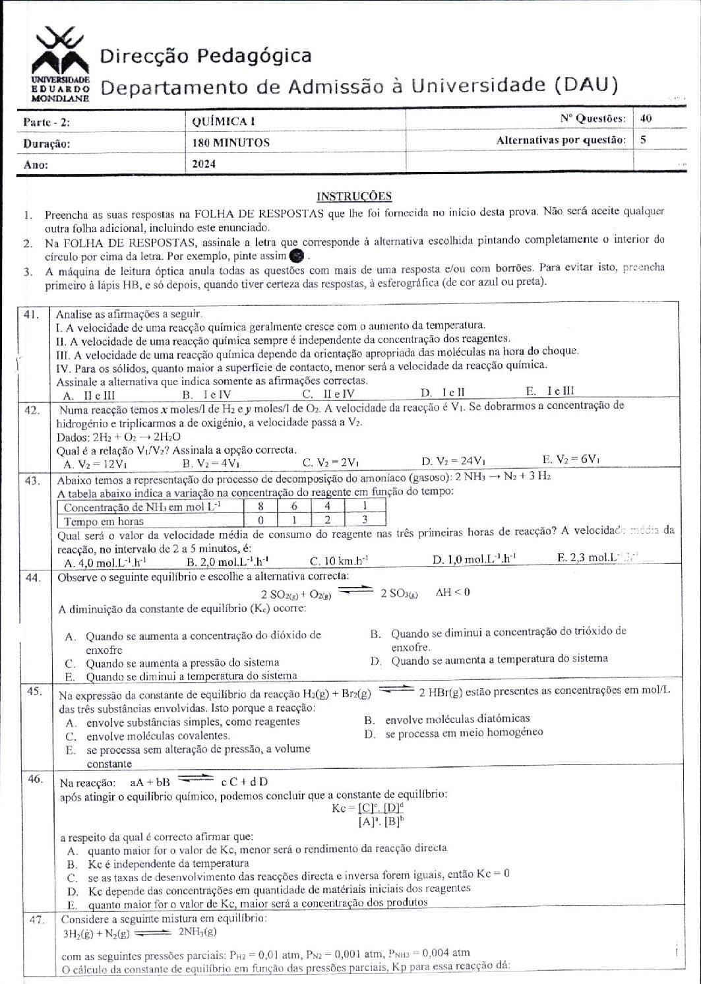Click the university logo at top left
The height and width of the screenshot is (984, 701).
[x=60, y=63]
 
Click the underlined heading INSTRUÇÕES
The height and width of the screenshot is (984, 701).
[x=354, y=196]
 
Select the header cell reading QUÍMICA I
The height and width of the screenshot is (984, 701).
[x=223, y=121]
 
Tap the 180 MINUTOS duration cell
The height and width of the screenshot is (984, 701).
[x=231, y=142]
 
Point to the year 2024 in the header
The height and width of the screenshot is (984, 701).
[x=204, y=164]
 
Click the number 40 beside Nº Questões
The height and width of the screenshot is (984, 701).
[x=646, y=119]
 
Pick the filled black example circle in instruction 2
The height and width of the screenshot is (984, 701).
[x=297, y=256]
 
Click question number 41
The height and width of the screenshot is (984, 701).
[x=32, y=315]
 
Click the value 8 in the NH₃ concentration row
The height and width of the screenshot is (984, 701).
[x=260, y=507]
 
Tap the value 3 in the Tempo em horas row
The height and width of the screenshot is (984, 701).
[x=364, y=520]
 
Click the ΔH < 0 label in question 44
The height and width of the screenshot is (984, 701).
[x=453, y=592]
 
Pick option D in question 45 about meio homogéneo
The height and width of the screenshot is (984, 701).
[x=455, y=733]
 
